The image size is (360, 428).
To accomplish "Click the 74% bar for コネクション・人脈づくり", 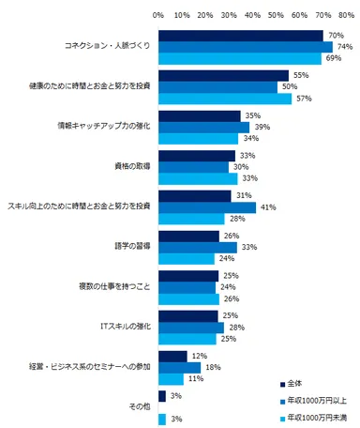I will (x=245, y=47).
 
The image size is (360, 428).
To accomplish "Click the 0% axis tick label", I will (x=158, y=15).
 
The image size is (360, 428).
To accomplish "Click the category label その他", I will (x=138, y=406).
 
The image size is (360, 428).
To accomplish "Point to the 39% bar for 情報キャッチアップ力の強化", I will (x=203, y=128).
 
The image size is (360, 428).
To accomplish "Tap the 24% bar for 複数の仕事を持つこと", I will (x=186, y=289).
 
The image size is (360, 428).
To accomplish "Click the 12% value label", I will (x=197, y=357).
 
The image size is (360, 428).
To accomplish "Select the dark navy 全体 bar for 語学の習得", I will (x=188, y=236).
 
